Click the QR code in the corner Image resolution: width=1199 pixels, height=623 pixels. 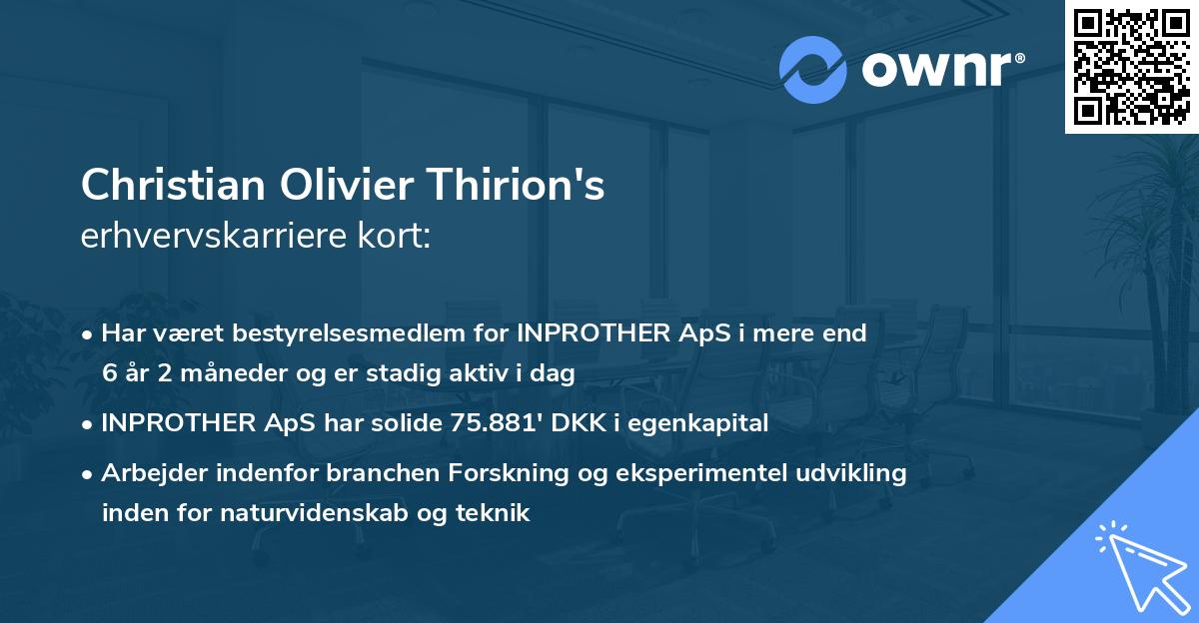tap(1131, 67)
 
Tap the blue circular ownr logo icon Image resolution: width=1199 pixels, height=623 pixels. tap(813, 70)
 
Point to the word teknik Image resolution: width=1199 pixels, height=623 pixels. tap(497, 513)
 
